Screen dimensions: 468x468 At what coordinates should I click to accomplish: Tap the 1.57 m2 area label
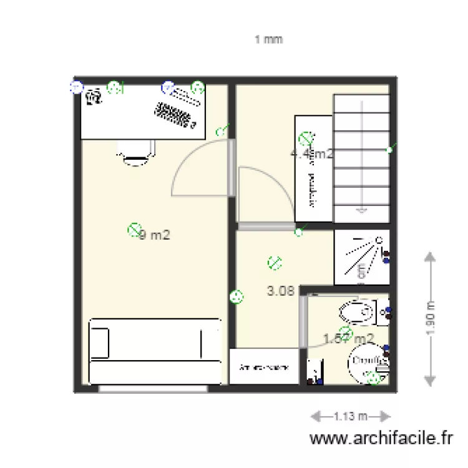tap(349, 338)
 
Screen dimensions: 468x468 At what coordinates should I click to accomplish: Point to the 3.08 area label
tap(281, 290)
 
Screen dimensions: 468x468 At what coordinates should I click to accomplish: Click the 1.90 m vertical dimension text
tap(430, 318)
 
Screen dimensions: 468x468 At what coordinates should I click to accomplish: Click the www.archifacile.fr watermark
tap(381, 439)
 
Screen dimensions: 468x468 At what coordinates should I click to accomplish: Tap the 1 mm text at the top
tap(268, 39)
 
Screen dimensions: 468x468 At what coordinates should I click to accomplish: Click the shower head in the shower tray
tap(378, 240)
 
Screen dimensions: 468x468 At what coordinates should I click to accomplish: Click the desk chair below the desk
tap(135, 152)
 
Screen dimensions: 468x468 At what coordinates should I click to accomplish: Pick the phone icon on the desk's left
tap(94, 97)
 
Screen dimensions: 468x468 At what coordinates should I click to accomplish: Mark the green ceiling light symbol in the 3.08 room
tap(273, 263)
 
